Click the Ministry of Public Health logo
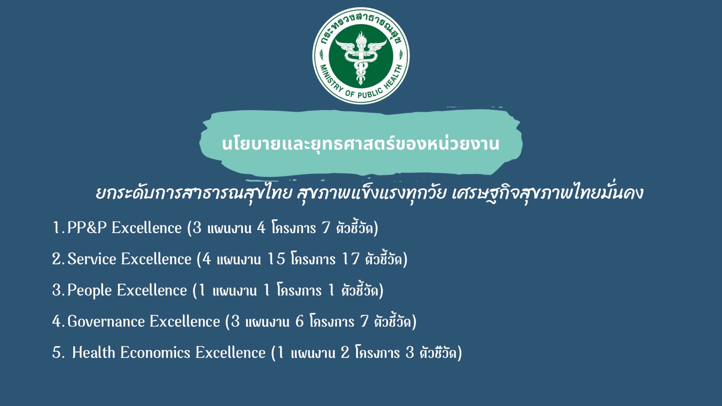tap(361, 56)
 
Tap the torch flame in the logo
tap(361, 38)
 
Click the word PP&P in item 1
tap(87, 228)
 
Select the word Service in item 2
tap(92, 259)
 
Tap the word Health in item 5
tap(94, 352)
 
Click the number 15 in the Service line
tap(276, 259)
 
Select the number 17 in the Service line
tap(350, 259)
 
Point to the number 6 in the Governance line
tap(300, 321)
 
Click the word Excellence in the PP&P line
tap(147, 228)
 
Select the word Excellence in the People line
tap(152, 290)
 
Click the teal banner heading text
tap(361, 144)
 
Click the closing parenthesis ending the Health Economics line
tap(460, 353)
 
